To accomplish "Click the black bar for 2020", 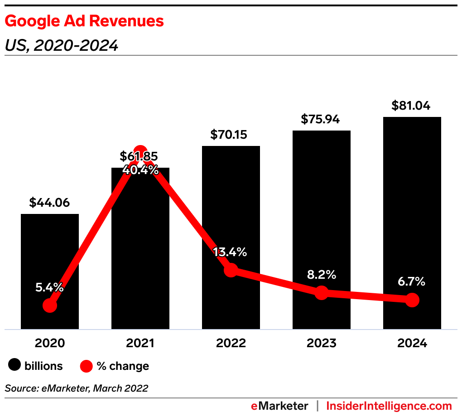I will [x=50, y=254].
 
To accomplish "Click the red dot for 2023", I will [x=321, y=293].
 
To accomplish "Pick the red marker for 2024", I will [x=412, y=300].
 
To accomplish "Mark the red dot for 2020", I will [x=50, y=305].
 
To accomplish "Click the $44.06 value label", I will [x=50, y=203].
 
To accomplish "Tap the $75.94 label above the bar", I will [x=321, y=119].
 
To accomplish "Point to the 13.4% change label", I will [x=231, y=252].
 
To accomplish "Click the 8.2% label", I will [x=321, y=274].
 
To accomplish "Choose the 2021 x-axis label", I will [x=140, y=343].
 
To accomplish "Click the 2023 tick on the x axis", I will [x=321, y=343].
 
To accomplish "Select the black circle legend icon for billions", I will [x=15, y=366].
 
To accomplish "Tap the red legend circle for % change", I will [x=86, y=366].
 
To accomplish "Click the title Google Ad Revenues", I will [x=84, y=21].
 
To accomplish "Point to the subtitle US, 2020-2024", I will [x=62, y=45].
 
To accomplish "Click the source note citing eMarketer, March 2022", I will [x=77, y=388].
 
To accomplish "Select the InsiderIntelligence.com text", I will [x=389, y=406].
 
